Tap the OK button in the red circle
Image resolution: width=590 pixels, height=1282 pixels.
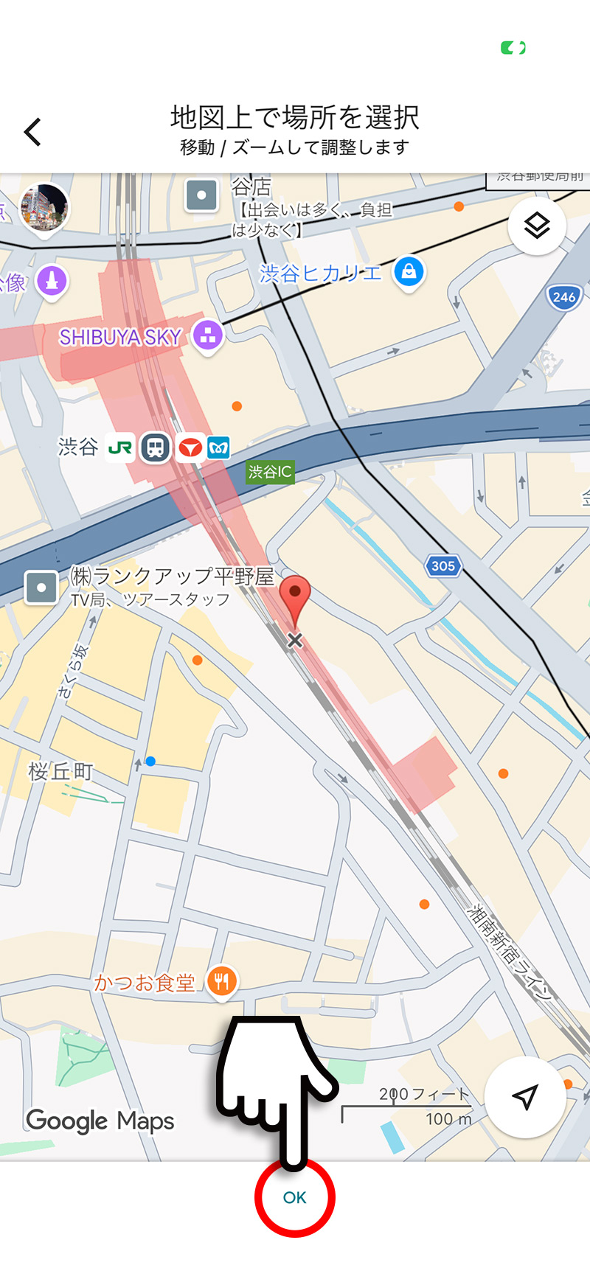(x=294, y=1197)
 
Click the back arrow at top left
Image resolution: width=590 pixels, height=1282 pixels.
(x=33, y=132)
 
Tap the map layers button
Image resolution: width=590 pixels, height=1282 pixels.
(x=537, y=226)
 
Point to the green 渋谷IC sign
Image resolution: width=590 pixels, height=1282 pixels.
(x=270, y=472)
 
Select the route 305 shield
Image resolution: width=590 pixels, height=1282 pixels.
(x=442, y=566)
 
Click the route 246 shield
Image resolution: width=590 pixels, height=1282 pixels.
(x=563, y=297)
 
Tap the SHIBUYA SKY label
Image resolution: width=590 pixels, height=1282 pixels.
(x=120, y=338)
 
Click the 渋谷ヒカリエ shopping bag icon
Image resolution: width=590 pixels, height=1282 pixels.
(x=409, y=272)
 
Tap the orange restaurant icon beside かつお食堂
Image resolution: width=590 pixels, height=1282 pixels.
(x=221, y=981)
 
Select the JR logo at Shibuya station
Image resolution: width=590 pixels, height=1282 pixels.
(x=120, y=447)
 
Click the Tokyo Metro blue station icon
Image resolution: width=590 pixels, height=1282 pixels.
(x=219, y=447)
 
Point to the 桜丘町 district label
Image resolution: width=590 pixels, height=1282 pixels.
(x=60, y=772)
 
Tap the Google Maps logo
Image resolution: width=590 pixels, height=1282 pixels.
(x=100, y=1121)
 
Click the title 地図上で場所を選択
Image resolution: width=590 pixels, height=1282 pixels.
(x=295, y=117)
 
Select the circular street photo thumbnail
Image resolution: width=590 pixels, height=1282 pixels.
(x=44, y=206)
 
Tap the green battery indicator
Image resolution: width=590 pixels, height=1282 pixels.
(x=513, y=49)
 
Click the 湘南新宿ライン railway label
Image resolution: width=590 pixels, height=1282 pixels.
(x=510, y=952)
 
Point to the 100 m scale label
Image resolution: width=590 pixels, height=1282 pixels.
(x=448, y=1119)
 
